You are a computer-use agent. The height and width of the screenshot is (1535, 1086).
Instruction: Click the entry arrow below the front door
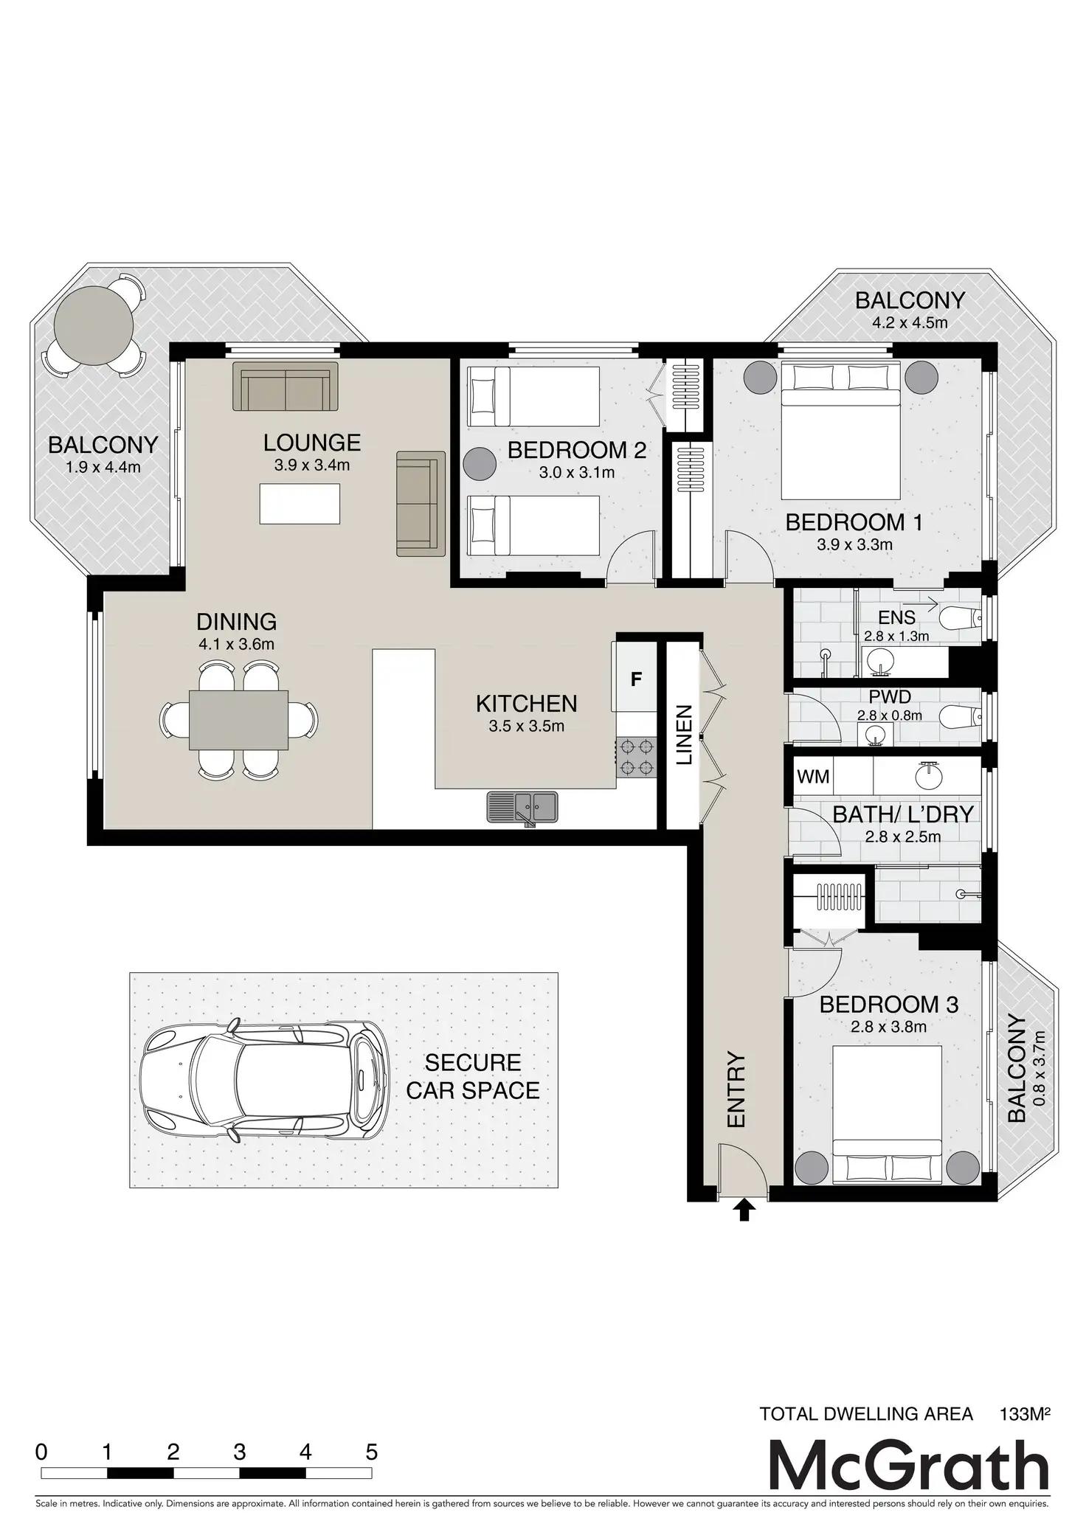(744, 1210)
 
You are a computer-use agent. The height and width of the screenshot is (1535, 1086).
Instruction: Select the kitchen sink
(522, 806)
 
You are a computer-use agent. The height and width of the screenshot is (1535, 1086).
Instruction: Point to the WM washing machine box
(813, 777)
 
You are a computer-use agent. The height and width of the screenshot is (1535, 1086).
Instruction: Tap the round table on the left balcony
(95, 322)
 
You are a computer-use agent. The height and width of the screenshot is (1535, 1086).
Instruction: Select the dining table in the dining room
(239, 719)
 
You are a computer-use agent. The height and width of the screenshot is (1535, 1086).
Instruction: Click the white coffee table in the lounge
(300, 504)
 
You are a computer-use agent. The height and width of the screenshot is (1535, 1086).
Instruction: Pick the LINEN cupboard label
(684, 735)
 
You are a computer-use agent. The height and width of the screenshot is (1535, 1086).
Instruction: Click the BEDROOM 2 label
(576, 450)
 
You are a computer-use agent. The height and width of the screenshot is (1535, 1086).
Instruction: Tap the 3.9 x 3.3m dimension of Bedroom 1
(854, 545)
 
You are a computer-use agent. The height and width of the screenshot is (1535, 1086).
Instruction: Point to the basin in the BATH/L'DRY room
(927, 775)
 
